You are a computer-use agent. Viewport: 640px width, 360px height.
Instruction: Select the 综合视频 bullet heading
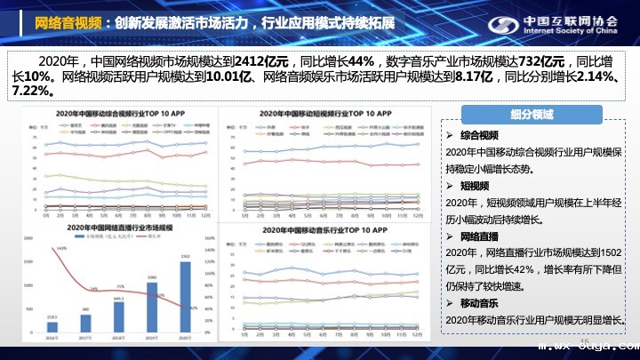click(480, 135)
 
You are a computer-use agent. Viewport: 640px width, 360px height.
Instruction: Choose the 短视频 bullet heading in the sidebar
click(474, 187)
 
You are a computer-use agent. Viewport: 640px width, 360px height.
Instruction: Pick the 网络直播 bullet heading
click(480, 237)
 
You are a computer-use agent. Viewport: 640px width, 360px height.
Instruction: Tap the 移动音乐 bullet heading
click(480, 304)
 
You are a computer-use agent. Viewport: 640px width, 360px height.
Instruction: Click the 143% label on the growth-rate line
click(61, 249)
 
